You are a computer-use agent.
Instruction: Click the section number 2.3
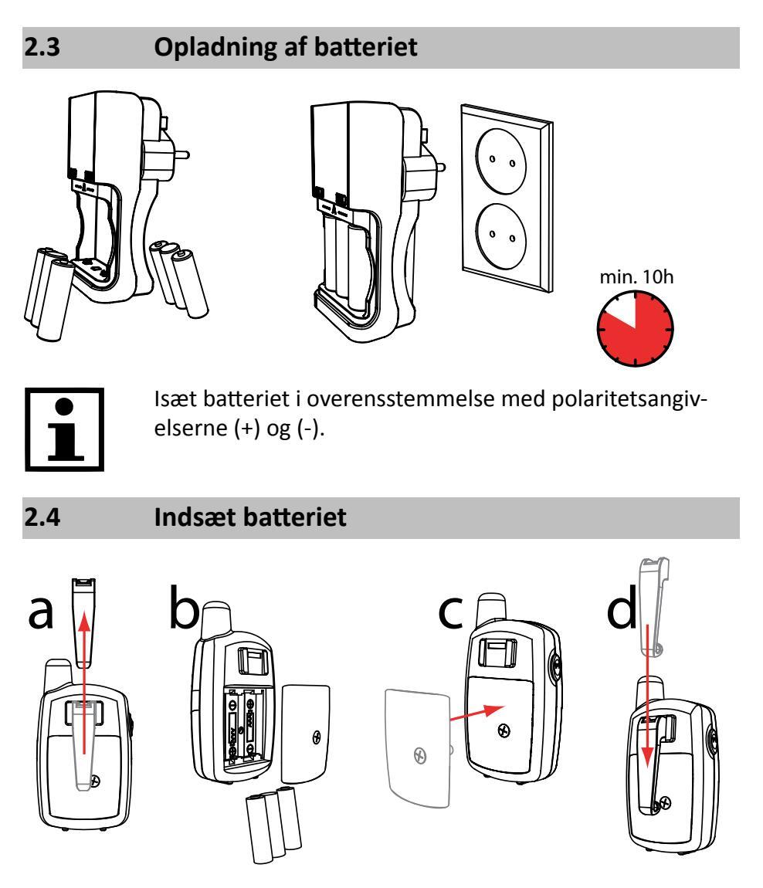(x=42, y=47)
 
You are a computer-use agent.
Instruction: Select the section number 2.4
(x=42, y=517)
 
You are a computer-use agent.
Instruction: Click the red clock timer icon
(x=635, y=328)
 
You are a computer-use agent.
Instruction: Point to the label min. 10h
(x=636, y=277)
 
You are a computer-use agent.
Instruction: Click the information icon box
(x=65, y=429)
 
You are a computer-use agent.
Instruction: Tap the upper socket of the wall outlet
(x=501, y=161)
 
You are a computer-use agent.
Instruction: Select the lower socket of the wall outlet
(x=501, y=236)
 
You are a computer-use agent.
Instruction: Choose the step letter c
(x=451, y=612)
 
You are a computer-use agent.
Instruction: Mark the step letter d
(x=622, y=606)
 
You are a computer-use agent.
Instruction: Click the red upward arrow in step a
(x=84, y=683)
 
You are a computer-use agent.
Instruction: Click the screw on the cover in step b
(x=317, y=737)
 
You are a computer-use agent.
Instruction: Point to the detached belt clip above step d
(x=654, y=606)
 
